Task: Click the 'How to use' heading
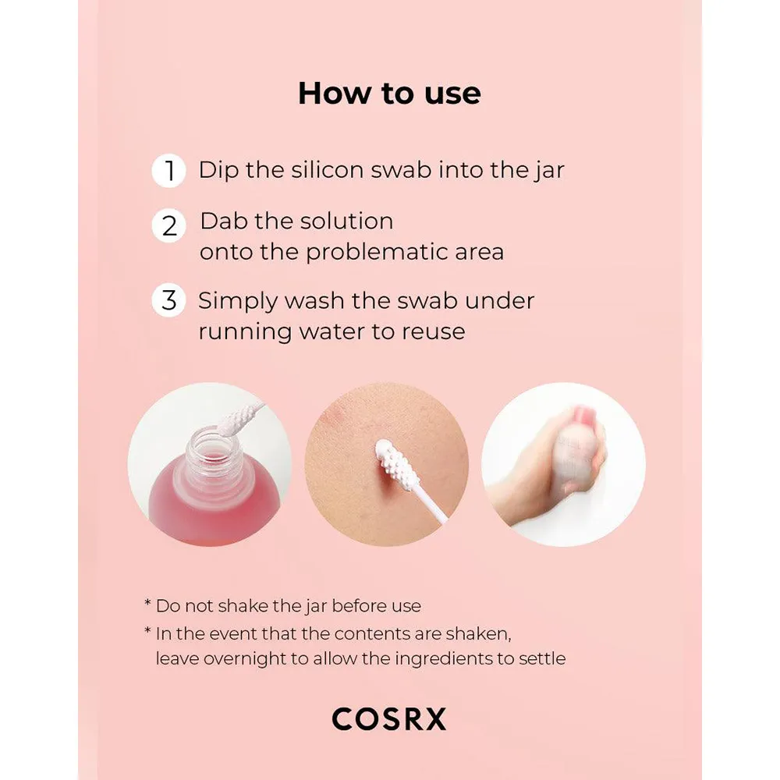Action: coord(389,93)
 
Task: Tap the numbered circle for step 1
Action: coord(168,171)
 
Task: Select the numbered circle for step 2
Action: coord(168,226)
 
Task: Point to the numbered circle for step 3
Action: coord(168,300)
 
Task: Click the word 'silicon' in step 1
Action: coord(328,169)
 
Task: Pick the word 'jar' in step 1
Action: coord(550,171)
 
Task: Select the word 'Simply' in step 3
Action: coord(237,302)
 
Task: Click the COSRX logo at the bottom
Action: coord(389,719)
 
